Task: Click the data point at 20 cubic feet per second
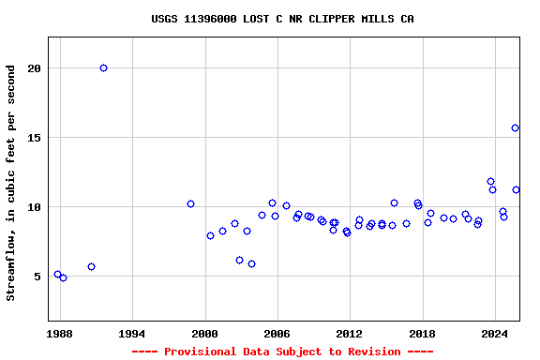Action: point(103,67)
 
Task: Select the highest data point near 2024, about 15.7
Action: point(515,127)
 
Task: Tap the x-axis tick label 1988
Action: point(60,333)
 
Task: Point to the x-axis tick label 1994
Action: point(132,333)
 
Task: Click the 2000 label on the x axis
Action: point(204,333)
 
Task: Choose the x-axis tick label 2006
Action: point(277,333)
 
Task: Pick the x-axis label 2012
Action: point(350,333)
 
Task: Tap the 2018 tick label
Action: point(422,333)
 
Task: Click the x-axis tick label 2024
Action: point(494,333)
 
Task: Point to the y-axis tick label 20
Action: point(35,68)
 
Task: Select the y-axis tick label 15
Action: point(35,138)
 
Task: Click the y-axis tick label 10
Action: point(35,207)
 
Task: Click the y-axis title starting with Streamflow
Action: point(11,183)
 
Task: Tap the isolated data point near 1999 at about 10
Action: point(190,203)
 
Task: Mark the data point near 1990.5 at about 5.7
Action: point(91,266)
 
